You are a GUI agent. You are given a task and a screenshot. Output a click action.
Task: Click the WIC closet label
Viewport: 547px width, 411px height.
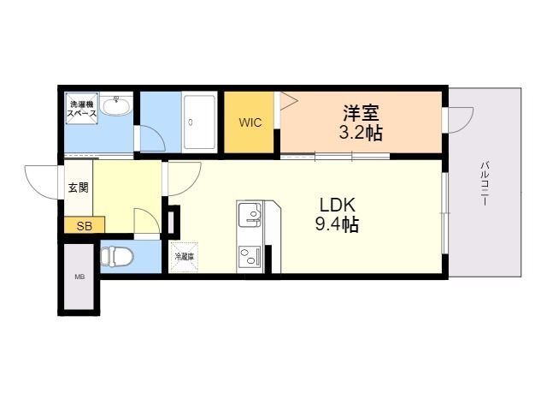[250, 122]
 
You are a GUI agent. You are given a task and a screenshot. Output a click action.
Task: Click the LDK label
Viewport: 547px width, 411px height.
[338, 205]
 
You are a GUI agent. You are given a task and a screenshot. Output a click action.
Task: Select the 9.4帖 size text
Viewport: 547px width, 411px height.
[338, 225]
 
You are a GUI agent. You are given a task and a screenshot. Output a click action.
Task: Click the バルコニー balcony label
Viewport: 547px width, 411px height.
[484, 182]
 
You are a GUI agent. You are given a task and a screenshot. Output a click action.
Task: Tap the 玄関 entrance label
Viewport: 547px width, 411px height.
[78, 188]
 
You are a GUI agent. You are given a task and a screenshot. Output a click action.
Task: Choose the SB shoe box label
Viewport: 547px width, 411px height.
[84, 226]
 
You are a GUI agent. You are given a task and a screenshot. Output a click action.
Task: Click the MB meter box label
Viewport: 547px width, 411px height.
[79, 277]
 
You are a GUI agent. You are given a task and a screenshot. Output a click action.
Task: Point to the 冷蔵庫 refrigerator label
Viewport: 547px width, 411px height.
[184, 256]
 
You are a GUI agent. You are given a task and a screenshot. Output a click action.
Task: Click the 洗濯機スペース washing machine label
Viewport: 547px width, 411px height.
[83, 109]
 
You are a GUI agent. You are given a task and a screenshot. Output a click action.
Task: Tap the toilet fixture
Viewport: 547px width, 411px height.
[117, 256]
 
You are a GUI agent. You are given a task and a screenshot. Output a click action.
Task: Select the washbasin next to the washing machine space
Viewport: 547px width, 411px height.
[114, 106]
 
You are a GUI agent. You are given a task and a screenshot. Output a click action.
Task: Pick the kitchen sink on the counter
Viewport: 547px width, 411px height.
[250, 214]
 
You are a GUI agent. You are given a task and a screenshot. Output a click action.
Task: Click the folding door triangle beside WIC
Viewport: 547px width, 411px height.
[288, 101]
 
